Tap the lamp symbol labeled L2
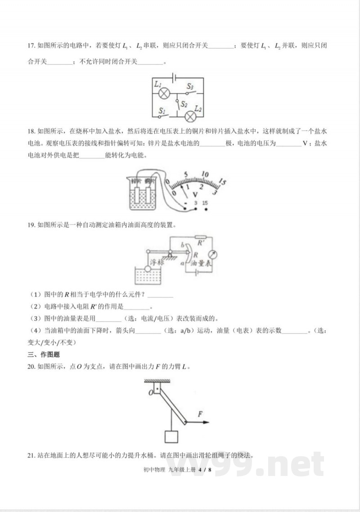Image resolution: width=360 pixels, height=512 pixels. pos(191,116)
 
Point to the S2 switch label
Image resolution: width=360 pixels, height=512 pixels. pos(184,104)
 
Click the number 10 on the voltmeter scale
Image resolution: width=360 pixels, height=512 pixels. pos(206,174)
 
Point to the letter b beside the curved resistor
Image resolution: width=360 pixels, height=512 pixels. pos(182,245)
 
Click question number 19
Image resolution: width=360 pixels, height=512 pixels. pos(31,224)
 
